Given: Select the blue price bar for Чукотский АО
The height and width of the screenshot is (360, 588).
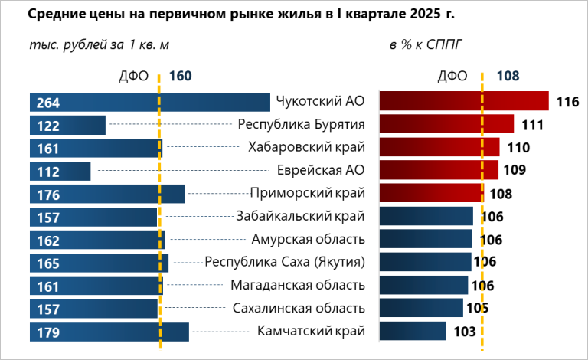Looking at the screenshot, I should tap(149, 103).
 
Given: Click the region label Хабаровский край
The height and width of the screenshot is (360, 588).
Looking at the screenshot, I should tap(307, 147).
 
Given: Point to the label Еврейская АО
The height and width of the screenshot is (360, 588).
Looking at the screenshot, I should tap(321, 170).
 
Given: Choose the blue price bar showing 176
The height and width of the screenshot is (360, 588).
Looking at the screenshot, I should tap(106, 195).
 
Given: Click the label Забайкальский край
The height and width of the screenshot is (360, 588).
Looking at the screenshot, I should tap(302, 217).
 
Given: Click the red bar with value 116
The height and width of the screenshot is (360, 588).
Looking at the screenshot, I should tap(463, 102).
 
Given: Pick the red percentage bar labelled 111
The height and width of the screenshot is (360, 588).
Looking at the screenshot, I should tap(446, 125).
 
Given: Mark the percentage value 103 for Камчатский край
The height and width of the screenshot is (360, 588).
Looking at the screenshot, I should tap(464, 332).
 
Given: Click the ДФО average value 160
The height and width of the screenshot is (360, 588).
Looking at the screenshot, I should tap(179, 76).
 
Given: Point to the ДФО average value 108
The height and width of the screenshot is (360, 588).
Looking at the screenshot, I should tap(508, 76).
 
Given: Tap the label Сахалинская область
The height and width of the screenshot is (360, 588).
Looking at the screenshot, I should tap(299, 309).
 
